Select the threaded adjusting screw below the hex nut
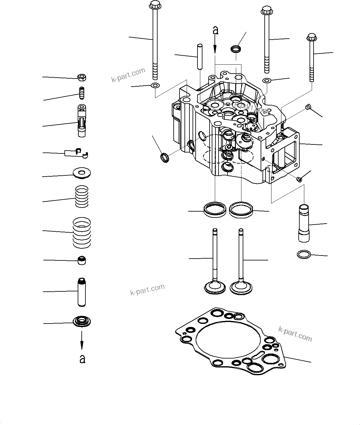pyautogui.click(x=82, y=92)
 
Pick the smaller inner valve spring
pyautogui.click(x=82, y=196)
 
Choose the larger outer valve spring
pyautogui.click(x=82, y=232)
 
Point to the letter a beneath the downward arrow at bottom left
pyautogui.click(x=82, y=359)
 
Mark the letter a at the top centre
pyautogui.click(x=215, y=30)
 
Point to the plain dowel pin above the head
pyautogui.click(x=200, y=57)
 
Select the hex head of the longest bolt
pyautogui.click(x=154, y=5)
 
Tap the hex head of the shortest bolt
pyautogui.click(x=311, y=38)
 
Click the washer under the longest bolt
pyautogui.click(x=154, y=85)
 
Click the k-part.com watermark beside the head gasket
pyautogui.click(x=295, y=334)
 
